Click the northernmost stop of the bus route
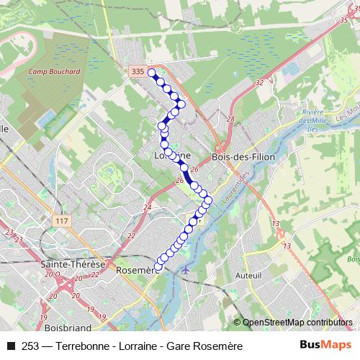click(x=151, y=72)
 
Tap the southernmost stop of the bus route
click(x=158, y=268)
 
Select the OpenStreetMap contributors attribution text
click(x=297, y=323)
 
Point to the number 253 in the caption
click(x=30, y=346)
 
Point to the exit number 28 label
click(x=230, y=120)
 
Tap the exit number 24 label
click(x=147, y=207)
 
